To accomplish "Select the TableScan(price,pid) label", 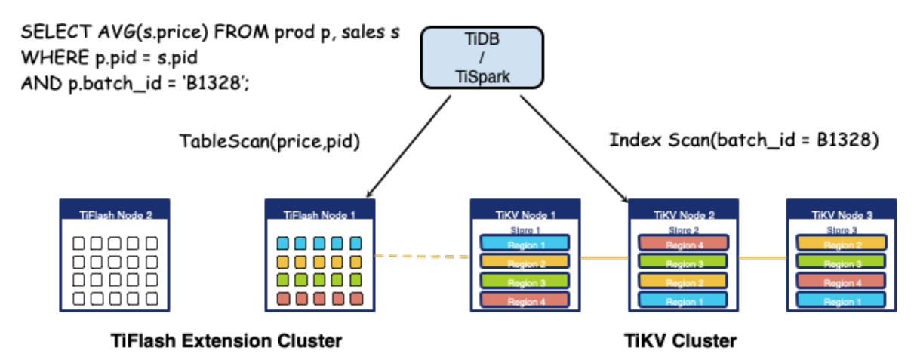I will click(268, 141).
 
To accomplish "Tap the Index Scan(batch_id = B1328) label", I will click(743, 140).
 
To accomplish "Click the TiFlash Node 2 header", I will click(115, 214).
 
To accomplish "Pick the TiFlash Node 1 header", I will click(319, 214).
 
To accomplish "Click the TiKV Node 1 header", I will click(525, 214).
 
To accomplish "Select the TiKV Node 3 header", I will click(841, 214).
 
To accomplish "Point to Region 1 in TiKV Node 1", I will click(525, 245).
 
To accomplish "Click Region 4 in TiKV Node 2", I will click(683, 244).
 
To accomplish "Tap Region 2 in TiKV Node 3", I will click(841, 244).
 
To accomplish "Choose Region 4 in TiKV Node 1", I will click(525, 301).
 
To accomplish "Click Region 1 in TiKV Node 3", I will click(841, 300).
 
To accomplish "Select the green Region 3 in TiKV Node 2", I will click(683, 263).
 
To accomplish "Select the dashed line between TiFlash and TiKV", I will click(423, 257).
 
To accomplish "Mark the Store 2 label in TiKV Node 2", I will click(683, 230).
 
